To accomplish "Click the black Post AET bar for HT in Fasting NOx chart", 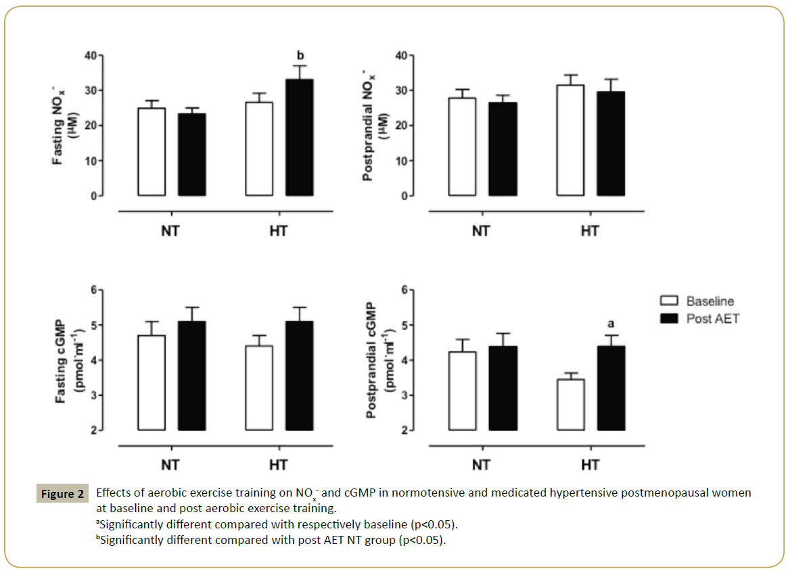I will (299, 138).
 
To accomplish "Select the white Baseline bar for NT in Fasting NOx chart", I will (152, 152).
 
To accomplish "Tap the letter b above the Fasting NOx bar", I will (300, 55).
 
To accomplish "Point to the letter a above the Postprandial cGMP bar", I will (611, 323).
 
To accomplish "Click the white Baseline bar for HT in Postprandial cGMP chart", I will (571, 405).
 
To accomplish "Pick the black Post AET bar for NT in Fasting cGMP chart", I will (191, 376).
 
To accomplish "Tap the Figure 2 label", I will (62, 494).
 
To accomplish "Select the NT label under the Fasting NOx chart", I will (170, 231).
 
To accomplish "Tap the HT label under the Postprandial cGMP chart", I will (590, 465).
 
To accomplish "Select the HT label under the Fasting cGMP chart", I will (277, 465).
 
